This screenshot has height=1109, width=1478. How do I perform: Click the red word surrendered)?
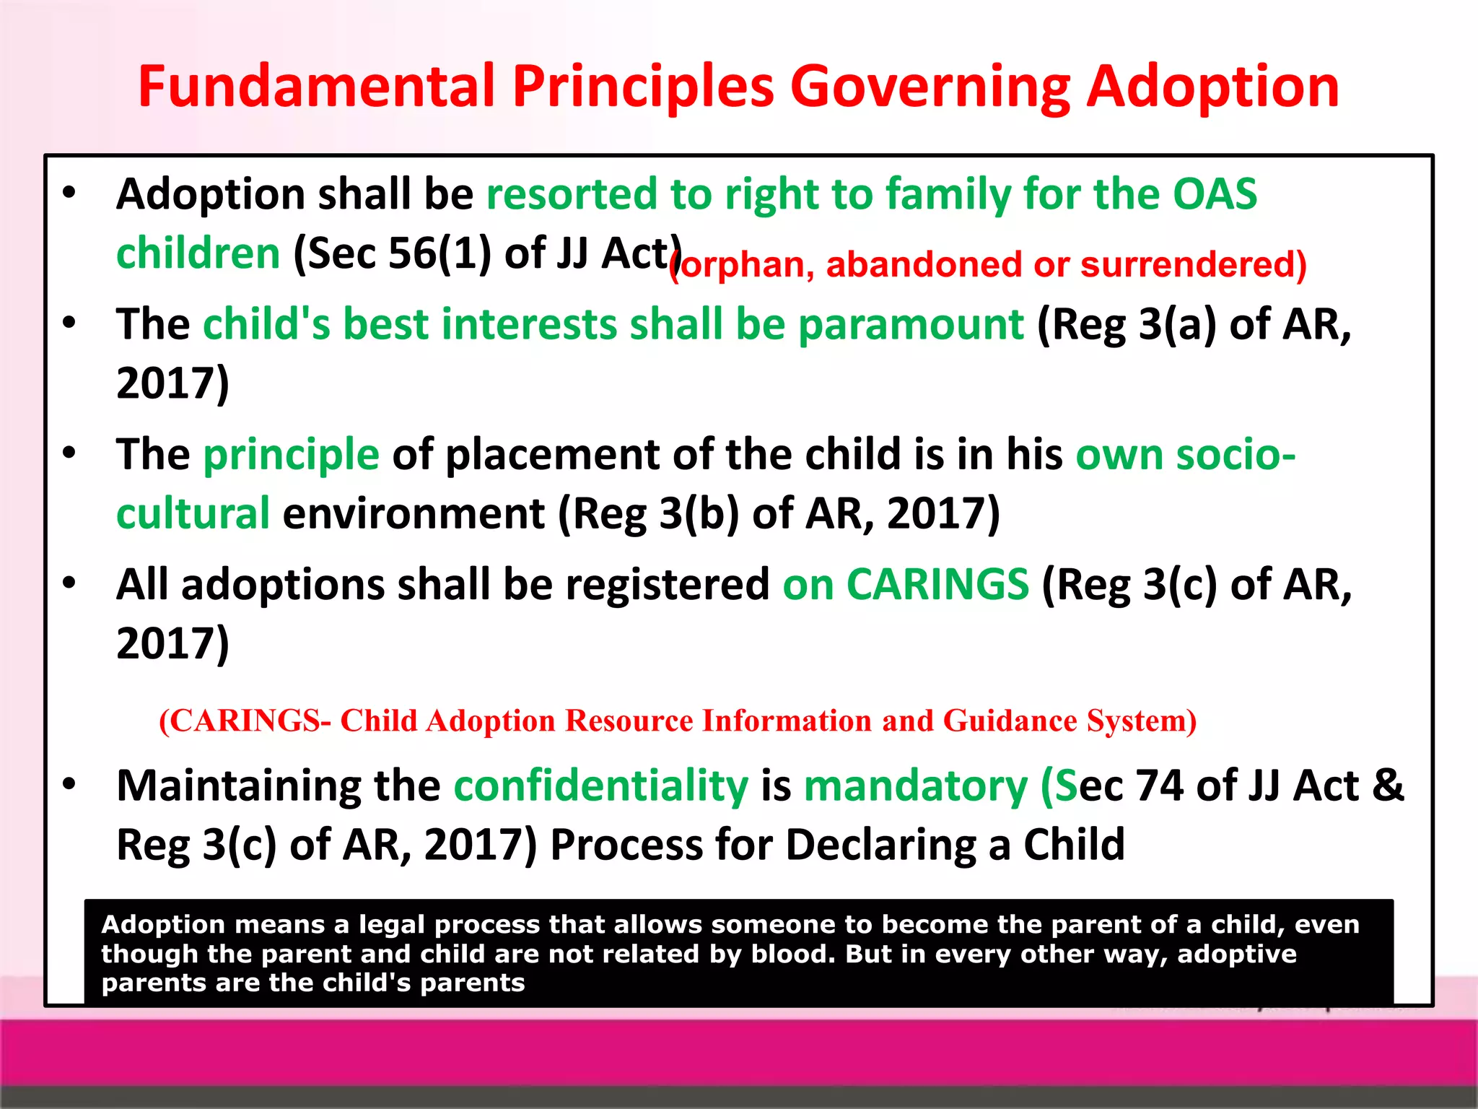[1194, 264]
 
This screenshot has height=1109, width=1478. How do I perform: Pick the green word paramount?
[911, 324]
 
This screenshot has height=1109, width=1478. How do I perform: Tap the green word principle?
[291, 455]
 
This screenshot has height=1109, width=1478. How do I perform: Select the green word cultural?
[193, 513]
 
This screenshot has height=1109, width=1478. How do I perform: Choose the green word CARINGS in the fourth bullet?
[937, 584]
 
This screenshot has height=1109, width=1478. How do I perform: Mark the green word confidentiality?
[601, 786]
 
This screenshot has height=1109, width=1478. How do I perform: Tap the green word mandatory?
[915, 786]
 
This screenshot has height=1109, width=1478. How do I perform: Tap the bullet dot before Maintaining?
[69, 785]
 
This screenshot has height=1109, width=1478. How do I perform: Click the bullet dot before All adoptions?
[69, 583]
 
